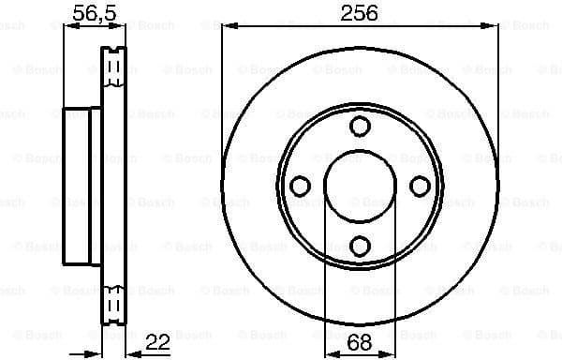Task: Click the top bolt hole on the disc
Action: (x=359, y=127)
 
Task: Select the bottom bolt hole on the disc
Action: (x=359, y=246)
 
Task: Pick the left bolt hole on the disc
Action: (x=300, y=187)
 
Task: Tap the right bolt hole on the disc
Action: (x=418, y=187)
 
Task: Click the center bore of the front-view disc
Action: (x=359, y=187)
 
